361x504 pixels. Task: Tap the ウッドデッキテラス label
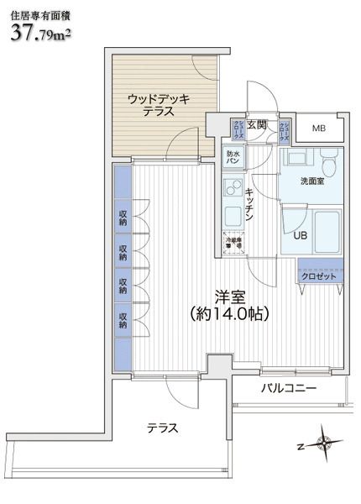tap(159, 105)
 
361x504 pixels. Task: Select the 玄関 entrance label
tap(256, 125)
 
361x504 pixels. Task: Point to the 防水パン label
tap(233, 158)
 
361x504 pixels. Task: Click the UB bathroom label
tap(300, 235)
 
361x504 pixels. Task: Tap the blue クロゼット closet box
tap(318, 276)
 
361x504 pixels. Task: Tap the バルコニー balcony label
tap(287, 389)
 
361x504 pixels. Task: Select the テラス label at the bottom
tap(163, 428)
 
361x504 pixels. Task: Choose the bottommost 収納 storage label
tap(123, 320)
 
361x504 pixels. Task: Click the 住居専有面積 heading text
tap(39, 10)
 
